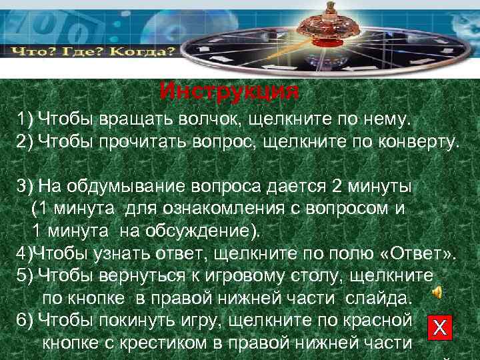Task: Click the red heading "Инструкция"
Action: pyautogui.click(x=230, y=91)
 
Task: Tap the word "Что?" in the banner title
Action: pyautogui.click(x=31, y=51)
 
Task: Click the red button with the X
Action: pyautogui.click(x=439, y=327)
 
